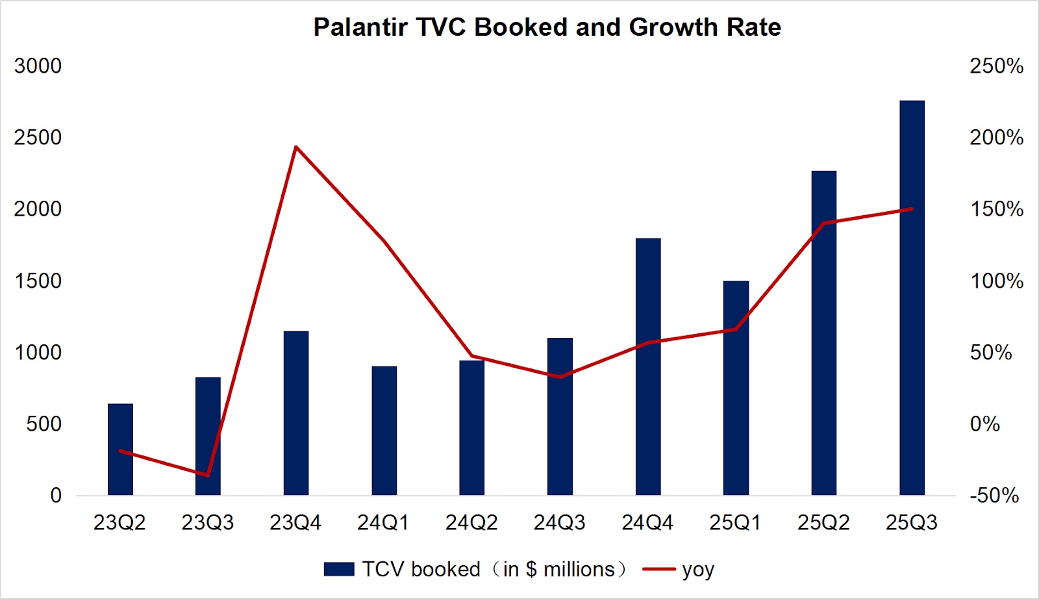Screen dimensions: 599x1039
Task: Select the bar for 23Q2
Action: [120, 449]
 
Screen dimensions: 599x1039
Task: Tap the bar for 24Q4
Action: [648, 366]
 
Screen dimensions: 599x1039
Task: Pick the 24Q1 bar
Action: [384, 430]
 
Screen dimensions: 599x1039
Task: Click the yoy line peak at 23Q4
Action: [295, 147]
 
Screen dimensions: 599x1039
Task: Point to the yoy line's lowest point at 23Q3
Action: [208, 475]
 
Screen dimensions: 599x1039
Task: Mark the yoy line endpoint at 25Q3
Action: [912, 209]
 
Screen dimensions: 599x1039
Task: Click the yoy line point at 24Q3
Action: [560, 377]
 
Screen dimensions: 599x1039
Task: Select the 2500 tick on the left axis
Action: [38, 138]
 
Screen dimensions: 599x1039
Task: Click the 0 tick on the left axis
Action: [56, 496]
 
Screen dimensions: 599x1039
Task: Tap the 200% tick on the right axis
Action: [996, 138]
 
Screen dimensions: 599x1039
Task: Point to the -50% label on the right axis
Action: [994, 496]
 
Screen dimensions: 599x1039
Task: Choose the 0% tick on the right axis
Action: [984, 424]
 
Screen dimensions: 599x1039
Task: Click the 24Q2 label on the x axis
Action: [471, 522]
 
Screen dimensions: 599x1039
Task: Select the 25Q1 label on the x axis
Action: [735, 522]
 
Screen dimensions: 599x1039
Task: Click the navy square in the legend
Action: [339, 569]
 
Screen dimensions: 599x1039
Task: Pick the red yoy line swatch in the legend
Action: [658, 569]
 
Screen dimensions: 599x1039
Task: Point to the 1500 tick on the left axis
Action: [38, 281]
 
